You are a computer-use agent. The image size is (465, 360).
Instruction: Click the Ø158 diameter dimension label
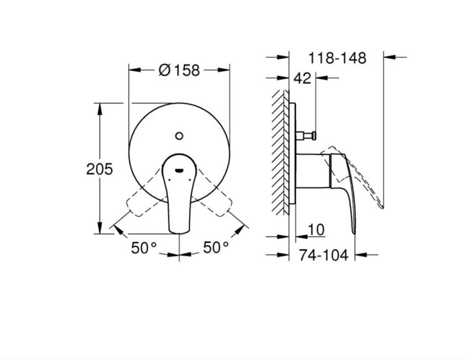coord(178,70)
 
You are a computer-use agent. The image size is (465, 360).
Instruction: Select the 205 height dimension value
coord(99,169)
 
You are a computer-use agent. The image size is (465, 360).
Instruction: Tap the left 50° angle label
coord(144,248)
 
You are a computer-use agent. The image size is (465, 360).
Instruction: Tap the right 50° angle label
coord(216,248)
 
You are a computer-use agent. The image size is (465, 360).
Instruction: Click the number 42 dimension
coord(303,78)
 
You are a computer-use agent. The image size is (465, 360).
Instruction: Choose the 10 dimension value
coord(317,230)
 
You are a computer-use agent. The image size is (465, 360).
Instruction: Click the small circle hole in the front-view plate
coord(179,136)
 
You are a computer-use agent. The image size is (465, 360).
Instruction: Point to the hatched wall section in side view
coord(281,154)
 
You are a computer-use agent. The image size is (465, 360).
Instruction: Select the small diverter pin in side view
coord(308,136)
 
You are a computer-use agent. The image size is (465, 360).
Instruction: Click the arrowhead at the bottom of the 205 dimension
coord(99,229)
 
